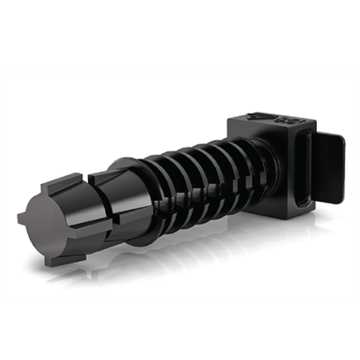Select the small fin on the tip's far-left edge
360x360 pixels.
(22, 218)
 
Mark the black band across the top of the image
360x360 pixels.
(180, 33)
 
